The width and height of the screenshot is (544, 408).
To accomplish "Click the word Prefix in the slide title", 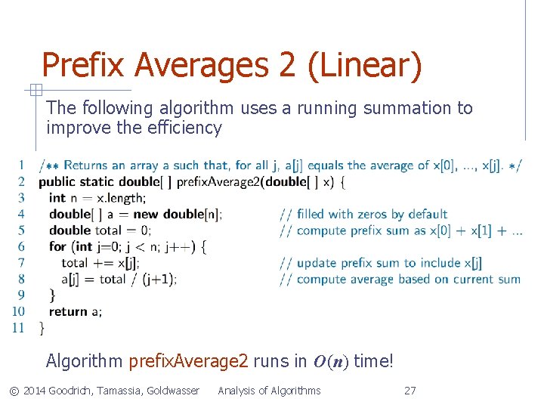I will pos(84,66).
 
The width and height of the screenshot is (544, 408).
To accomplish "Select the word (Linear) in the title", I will pos(364,66).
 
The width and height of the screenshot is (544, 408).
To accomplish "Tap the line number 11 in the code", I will pos(17,328).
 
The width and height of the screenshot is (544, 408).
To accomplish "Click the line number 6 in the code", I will pos(20,246).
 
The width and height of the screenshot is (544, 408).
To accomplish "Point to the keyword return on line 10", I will pos(69,311).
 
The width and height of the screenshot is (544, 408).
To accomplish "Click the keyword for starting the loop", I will pos(57,246).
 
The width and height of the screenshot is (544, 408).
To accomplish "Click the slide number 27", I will pos(410,391).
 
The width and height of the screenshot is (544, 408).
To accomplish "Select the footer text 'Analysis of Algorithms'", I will pos(269,391).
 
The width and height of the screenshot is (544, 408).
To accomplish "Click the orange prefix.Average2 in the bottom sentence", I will pos(188,362).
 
